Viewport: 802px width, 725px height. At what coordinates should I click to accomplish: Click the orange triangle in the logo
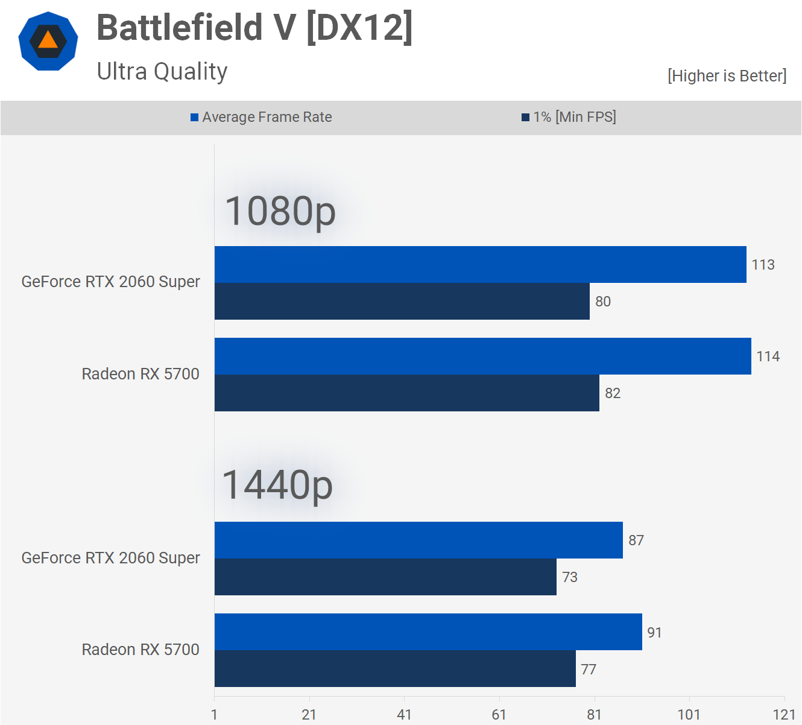click(x=48, y=40)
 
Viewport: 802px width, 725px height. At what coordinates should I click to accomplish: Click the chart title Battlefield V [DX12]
click(x=254, y=28)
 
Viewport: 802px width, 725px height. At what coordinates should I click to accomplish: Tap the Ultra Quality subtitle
click(x=162, y=71)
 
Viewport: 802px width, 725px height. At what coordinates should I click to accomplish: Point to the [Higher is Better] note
click(x=727, y=76)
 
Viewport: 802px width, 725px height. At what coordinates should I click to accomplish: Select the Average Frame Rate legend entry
click(x=261, y=117)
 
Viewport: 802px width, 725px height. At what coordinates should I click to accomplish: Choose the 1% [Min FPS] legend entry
click(x=569, y=117)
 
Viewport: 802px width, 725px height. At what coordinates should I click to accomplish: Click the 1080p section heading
click(x=280, y=211)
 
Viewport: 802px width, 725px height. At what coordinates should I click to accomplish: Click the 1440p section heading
click(x=277, y=486)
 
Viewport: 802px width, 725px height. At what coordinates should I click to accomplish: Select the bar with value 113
click(x=480, y=264)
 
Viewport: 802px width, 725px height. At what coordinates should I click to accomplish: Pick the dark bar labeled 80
click(x=402, y=302)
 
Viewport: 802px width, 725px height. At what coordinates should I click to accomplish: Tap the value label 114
click(x=768, y=356)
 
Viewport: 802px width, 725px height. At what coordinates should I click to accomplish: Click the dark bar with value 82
click(x=406, y=393)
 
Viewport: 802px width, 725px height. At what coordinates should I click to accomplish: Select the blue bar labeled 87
click(x=418, y=540)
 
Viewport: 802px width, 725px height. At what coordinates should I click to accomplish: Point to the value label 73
click(x=570, y=577)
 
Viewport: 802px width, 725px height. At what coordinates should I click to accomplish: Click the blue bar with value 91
click(x=428, y=632)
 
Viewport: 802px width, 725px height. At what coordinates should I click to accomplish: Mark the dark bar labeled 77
click(x=395, y=669)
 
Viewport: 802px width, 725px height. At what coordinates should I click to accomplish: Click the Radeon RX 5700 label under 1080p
click(x=141, y=374)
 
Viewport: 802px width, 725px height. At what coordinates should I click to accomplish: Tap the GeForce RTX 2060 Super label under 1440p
click(x=110, y=558)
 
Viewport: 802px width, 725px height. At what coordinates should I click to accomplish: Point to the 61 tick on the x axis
click(x=499, y=715)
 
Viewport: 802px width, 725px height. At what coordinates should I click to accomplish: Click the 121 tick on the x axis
click(x=784, y=715)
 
